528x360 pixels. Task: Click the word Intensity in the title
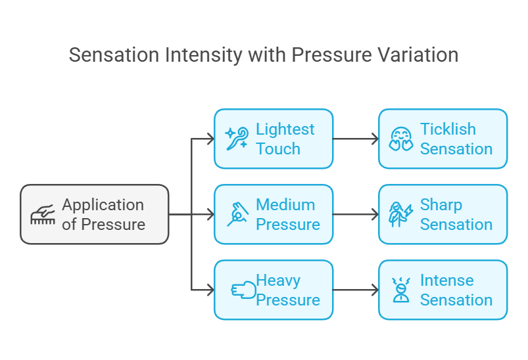(x=203, y=55)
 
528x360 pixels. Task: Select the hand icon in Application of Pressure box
(x=43, y=214)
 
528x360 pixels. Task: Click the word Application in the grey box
(x=103, y=205)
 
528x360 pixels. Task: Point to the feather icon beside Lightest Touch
(x=237, y=138)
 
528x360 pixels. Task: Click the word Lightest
(x=285, y=129)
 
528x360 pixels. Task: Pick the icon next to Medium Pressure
(x=237, y=214)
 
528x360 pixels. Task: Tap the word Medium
(x=285, y=204)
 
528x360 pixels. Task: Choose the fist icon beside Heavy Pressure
(x=243, y=290)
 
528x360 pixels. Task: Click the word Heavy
(x=278, y=281)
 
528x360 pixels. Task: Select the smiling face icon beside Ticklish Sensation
(x=400, y=138)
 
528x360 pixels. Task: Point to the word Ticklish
(x=448, y=129)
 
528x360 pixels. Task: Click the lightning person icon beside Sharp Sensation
(x=400, y=214)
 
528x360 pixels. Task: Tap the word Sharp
(x=441, y=205)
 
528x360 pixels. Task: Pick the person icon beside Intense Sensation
(x=401, y=290)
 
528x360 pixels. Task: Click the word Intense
(x=447, y=281)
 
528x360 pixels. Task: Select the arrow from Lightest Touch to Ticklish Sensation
(x=356, y=139)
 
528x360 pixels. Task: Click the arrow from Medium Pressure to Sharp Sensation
(x=356, y=214)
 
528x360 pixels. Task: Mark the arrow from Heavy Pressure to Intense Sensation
(x=356, y=290)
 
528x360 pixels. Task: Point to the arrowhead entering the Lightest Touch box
(x=211, y=139)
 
